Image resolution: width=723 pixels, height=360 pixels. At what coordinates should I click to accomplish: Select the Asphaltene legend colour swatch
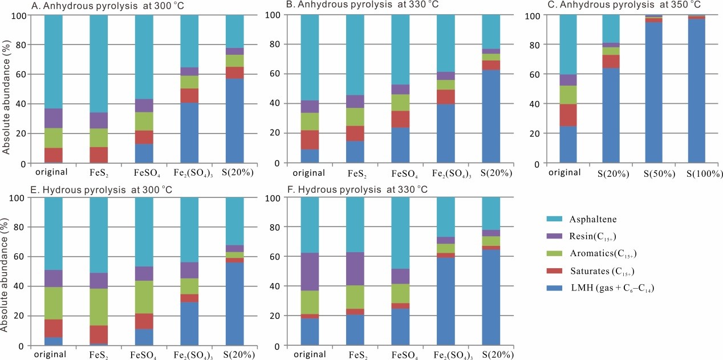(547, 220)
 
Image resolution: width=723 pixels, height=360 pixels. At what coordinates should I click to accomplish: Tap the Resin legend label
(592, 237)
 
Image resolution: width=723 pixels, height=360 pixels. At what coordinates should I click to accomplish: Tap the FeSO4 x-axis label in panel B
(405, 173)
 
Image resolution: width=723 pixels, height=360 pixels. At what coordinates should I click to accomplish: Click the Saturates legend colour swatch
(547, 272)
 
